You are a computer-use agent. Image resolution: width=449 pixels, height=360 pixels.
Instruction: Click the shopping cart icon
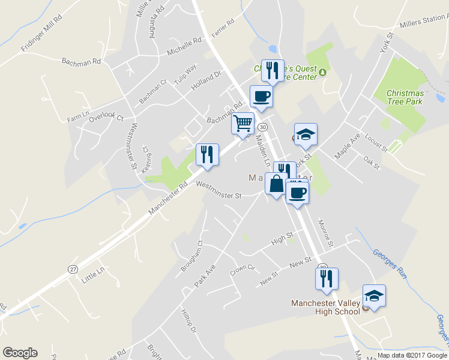(x=243, y=124)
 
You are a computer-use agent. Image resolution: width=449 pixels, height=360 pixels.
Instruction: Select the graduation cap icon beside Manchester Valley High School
(x=374, y=296)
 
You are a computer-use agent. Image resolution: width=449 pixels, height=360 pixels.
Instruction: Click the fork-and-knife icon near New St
(x=327, y=278)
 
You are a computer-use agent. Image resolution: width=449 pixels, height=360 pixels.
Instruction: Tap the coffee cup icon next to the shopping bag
(x=297, y=193)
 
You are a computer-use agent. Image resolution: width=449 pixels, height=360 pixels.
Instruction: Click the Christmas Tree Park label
(x=405, y=97)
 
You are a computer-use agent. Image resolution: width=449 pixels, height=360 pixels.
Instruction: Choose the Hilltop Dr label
(x=189, y=322)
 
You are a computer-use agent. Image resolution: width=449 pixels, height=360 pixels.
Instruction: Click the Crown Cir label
(x=243, y=269)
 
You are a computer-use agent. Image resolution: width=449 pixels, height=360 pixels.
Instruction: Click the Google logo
(x=20, y=353)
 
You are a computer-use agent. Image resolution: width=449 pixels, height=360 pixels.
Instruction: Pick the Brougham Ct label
(x=193, y=257)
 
